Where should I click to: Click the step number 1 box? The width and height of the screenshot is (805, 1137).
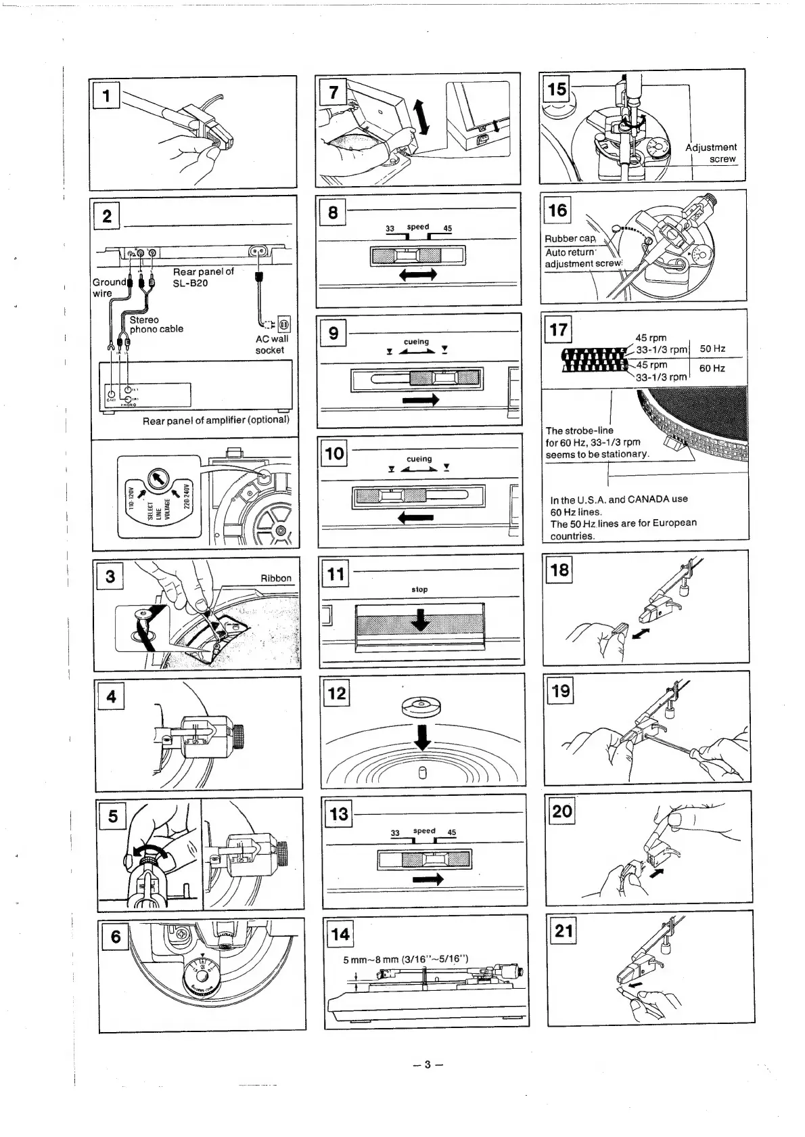106,95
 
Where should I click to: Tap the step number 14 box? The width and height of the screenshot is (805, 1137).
340,935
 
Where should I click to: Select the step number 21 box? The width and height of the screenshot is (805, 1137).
563,931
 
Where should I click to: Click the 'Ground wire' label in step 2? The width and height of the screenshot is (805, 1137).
109,287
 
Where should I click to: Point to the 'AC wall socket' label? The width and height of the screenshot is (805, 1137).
271,344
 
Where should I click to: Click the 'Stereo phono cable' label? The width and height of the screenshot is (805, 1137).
156,324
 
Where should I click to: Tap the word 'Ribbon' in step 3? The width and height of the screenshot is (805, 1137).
276,578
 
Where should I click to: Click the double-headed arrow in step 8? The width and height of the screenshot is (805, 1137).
418,274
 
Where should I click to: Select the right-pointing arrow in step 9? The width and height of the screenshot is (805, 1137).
420,400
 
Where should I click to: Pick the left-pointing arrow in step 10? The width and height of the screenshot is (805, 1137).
416,518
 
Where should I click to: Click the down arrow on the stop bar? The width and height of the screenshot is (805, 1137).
421,619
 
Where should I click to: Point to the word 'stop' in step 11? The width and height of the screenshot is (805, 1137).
419,589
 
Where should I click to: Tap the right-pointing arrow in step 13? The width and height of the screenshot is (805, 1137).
427,879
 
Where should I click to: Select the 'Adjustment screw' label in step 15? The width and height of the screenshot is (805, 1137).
710,153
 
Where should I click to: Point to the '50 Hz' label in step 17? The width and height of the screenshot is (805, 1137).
712,349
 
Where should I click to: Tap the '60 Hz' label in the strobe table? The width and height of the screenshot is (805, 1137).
712,368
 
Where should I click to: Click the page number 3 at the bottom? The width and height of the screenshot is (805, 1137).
427,1065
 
